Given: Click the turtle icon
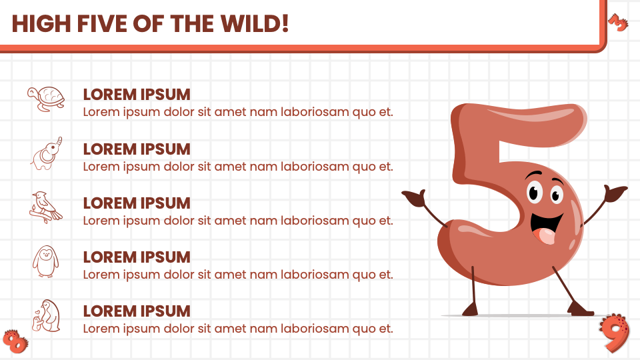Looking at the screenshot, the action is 46,99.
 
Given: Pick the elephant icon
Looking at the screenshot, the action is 47,153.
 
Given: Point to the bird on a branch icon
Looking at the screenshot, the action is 46,207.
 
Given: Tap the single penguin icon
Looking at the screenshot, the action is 46,261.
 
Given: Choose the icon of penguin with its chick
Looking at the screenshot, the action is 46,316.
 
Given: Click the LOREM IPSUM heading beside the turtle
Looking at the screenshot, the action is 137,95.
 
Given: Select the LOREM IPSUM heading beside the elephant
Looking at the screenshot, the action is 137,149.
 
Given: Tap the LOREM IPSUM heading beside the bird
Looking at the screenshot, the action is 137,203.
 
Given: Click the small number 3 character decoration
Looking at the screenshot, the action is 618,23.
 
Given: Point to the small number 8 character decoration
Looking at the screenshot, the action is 15,341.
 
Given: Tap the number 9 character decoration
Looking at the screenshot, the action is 615,333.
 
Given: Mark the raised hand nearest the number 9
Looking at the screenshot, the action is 615,192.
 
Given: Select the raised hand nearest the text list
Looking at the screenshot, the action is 415,196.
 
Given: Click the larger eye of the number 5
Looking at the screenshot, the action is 534,192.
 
